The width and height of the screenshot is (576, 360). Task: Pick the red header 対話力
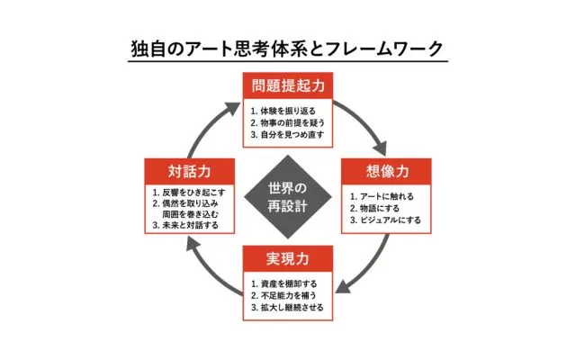[189, 171]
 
